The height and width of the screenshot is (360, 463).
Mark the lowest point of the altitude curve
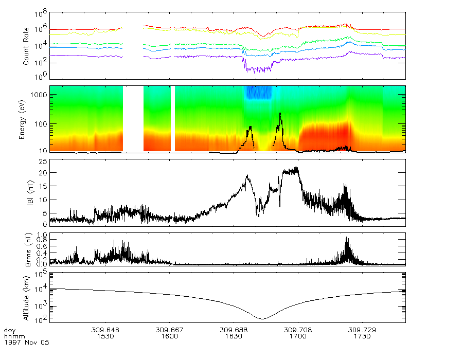261,319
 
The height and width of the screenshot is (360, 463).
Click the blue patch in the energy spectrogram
258,92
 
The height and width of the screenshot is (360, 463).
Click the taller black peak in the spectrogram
280,114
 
